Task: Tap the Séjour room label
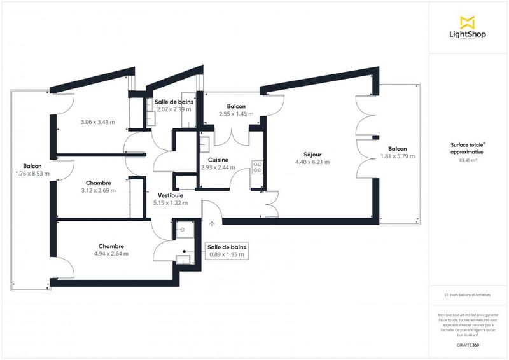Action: (x=312, y=154)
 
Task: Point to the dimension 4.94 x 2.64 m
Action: (x=111, y=253)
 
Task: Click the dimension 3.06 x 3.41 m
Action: (x=97, y=122)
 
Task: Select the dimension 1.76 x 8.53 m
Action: (x=32, y=173)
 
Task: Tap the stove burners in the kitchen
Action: (x=258, y=167)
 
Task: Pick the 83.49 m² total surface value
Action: (x=468, y=160)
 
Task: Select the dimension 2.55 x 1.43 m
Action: (x=236, y=114)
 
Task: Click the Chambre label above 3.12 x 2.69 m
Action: (x=99, y=182)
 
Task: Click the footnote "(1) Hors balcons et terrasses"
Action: (x=468, y=295)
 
